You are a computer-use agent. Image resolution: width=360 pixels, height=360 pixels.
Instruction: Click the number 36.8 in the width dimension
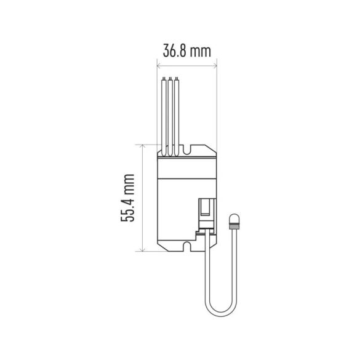click(174, 51)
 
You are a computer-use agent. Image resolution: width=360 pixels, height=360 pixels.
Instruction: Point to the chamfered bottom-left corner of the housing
click(161, 246)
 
